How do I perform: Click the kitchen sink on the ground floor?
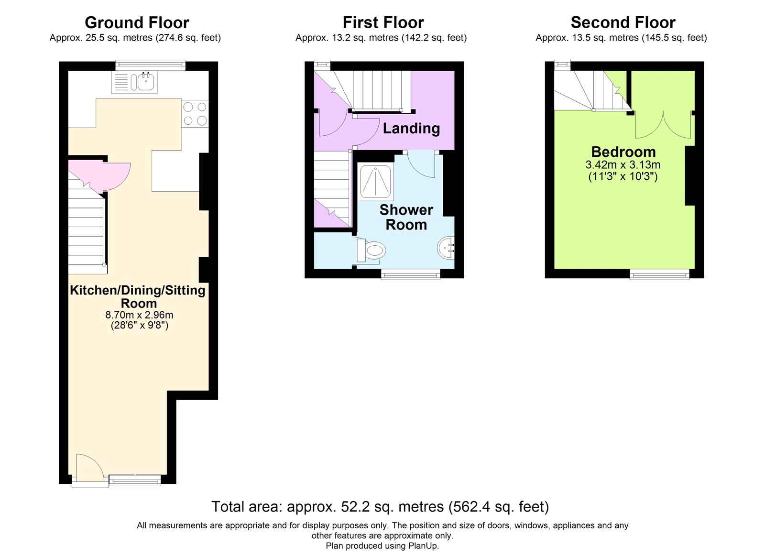coord(134,82)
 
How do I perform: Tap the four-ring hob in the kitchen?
coord(195,114)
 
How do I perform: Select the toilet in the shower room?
coord(371,251)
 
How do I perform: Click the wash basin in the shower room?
coord(446,248)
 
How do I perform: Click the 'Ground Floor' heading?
coord(137,23)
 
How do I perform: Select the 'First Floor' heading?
coord(383,23)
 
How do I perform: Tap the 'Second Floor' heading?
coord(623,23)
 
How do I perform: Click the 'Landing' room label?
coord(411,129)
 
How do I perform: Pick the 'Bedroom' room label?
coord(623,152)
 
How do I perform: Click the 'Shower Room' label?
coord(406,217)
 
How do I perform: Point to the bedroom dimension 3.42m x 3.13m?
coord(623,164)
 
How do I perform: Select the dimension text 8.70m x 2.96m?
coord(139,315)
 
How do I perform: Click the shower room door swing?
coord(421,164)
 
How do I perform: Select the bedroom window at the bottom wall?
coord(659,274)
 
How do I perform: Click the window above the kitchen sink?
coord(150,65)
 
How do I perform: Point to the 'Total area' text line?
coord(380,506)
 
